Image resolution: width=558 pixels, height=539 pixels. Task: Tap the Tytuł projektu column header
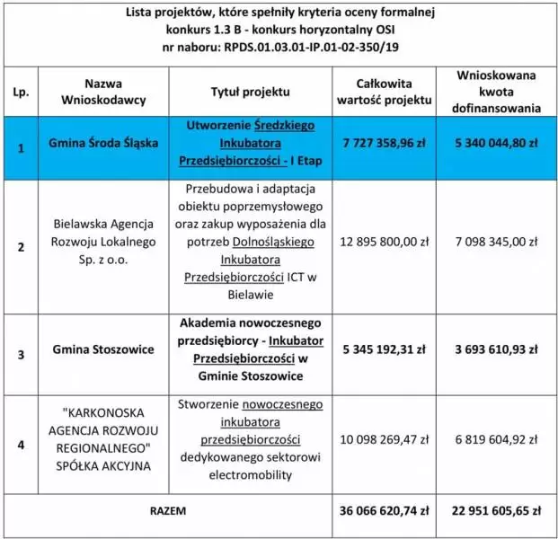coord(251,92)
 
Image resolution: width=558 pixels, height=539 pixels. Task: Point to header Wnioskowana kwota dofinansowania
coord(498,93)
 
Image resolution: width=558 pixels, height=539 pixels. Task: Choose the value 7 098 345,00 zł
coord(498,242)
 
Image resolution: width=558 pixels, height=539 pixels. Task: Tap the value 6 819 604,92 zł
coord(498,441)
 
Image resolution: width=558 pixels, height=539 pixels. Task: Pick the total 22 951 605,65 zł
coord(498,509)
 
